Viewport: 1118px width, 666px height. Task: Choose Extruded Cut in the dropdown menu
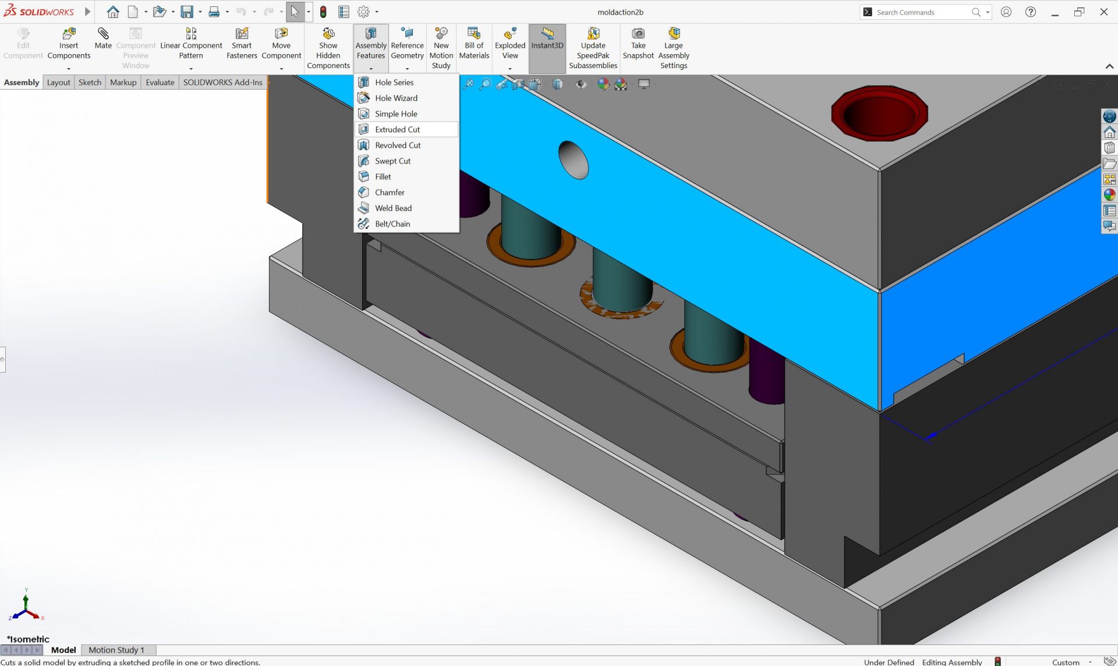click(x=397, y=129)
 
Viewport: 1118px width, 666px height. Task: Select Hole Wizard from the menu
click(x=396, y=98)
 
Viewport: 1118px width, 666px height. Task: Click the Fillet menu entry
click(x=383, y=176)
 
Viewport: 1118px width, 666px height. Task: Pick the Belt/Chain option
click(x=392, y=224)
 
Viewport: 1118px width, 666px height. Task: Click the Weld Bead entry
click(x=393, y=208)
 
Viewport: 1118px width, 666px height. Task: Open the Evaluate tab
click(x=160, y=82)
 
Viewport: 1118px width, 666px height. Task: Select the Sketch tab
click(x=90, y=82)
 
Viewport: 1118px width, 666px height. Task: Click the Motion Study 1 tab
click(x=116, y=650)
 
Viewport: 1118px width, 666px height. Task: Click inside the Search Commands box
click(x=920, y=12)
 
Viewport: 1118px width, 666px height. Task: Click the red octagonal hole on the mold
click(x=879, y=113)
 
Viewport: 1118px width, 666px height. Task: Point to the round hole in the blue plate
click(x=573, y=160)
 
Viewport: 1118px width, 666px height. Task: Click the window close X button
click(x=1103, y=12)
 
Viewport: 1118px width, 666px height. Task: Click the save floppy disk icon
click(x=186, y=12)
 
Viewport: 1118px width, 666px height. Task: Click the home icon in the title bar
click(x=113, y=12)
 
